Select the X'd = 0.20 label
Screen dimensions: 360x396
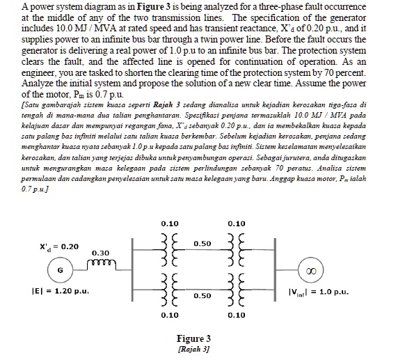pos(60,246)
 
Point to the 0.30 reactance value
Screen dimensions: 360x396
pos(100,252)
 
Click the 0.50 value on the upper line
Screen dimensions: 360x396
pos(203,244)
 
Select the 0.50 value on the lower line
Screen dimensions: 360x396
pos(203,296)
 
